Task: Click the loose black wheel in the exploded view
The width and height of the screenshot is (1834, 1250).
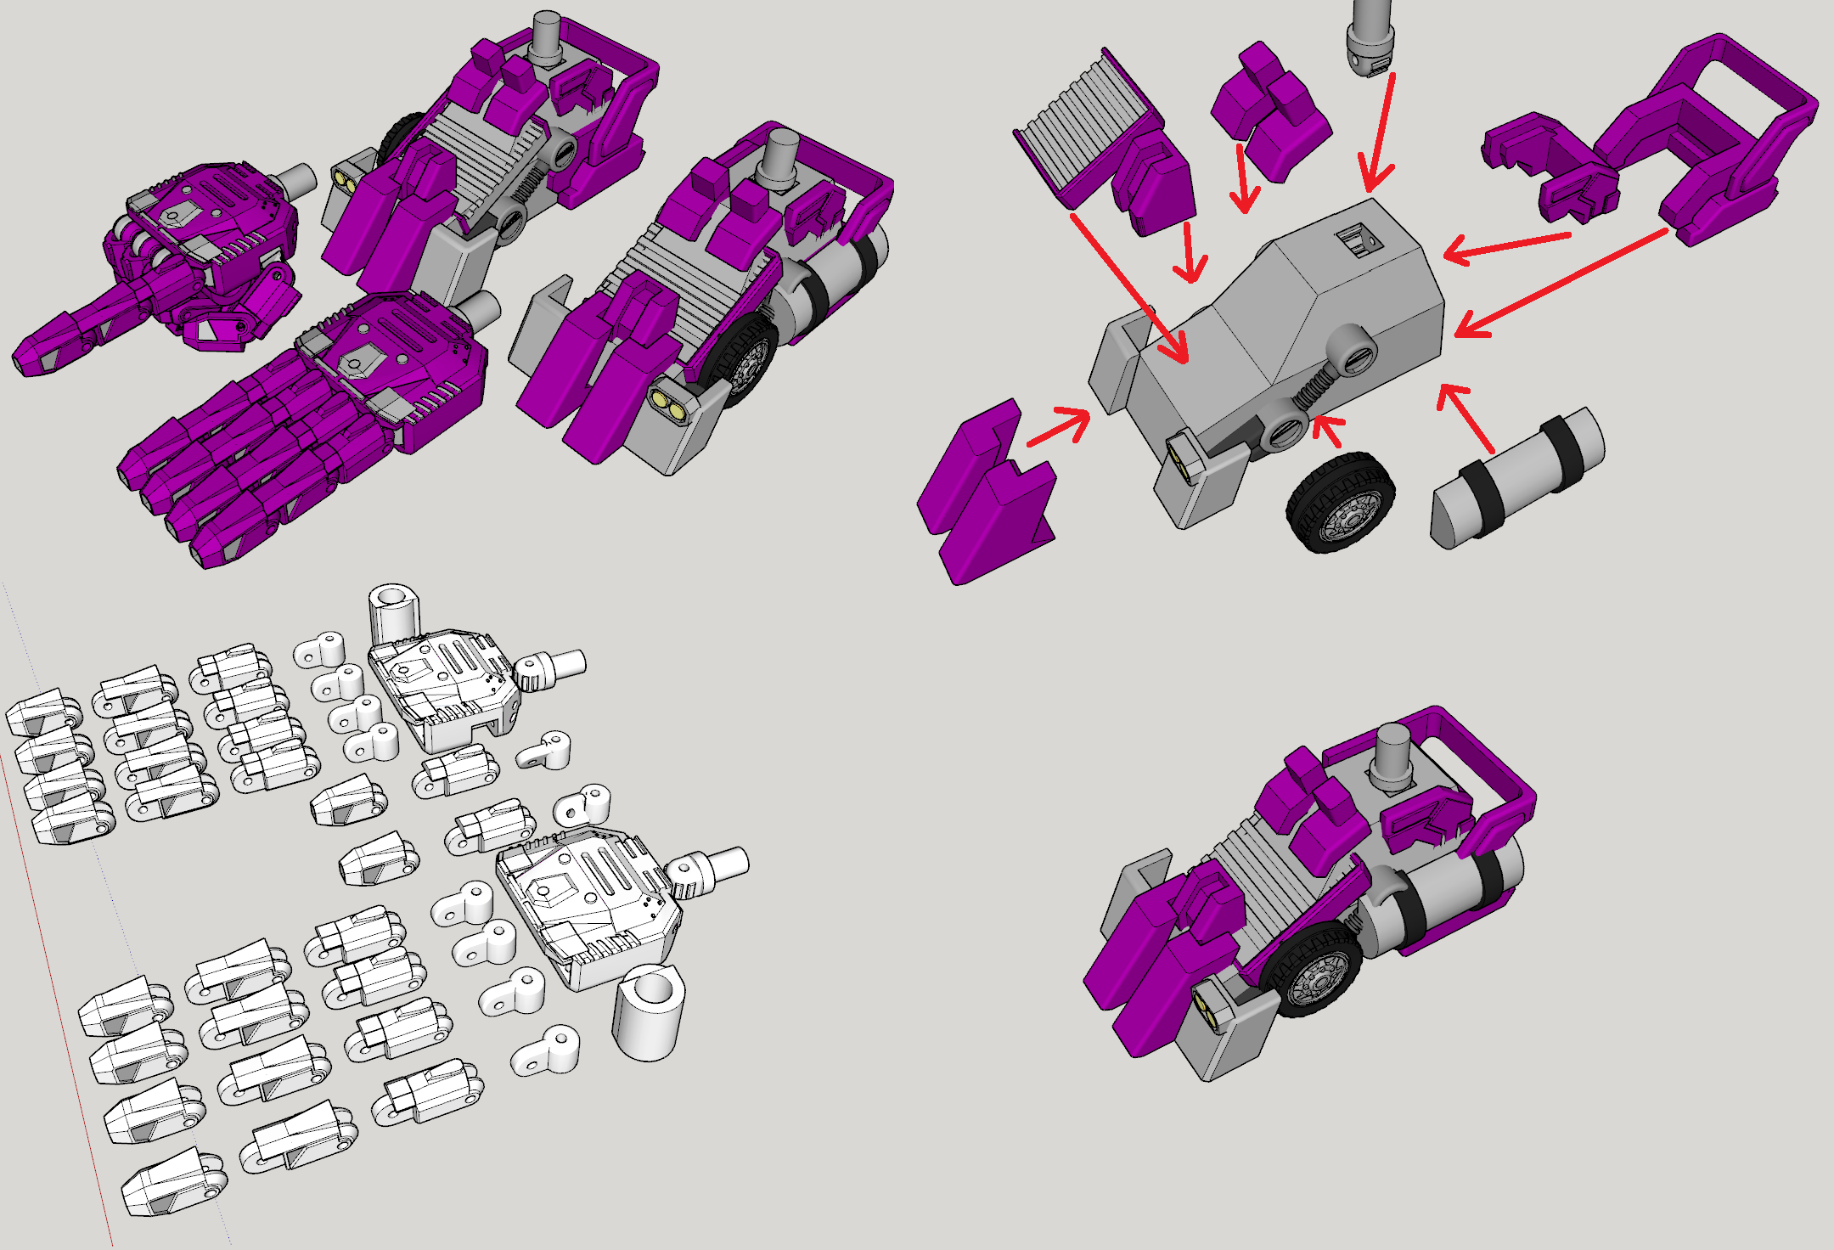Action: pos(1340,503)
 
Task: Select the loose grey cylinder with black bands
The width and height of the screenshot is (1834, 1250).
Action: pos(1516,478)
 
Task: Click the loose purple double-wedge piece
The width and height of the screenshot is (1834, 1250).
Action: pos(985,493)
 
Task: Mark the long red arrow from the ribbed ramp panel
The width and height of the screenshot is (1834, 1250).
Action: pos(1129,289)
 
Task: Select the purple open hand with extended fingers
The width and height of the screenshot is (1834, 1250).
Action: pos(297,425)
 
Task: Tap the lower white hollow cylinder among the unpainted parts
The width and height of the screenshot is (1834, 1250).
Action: pos(649,1015)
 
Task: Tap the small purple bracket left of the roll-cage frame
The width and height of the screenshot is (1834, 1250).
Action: pos(1545,170)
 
